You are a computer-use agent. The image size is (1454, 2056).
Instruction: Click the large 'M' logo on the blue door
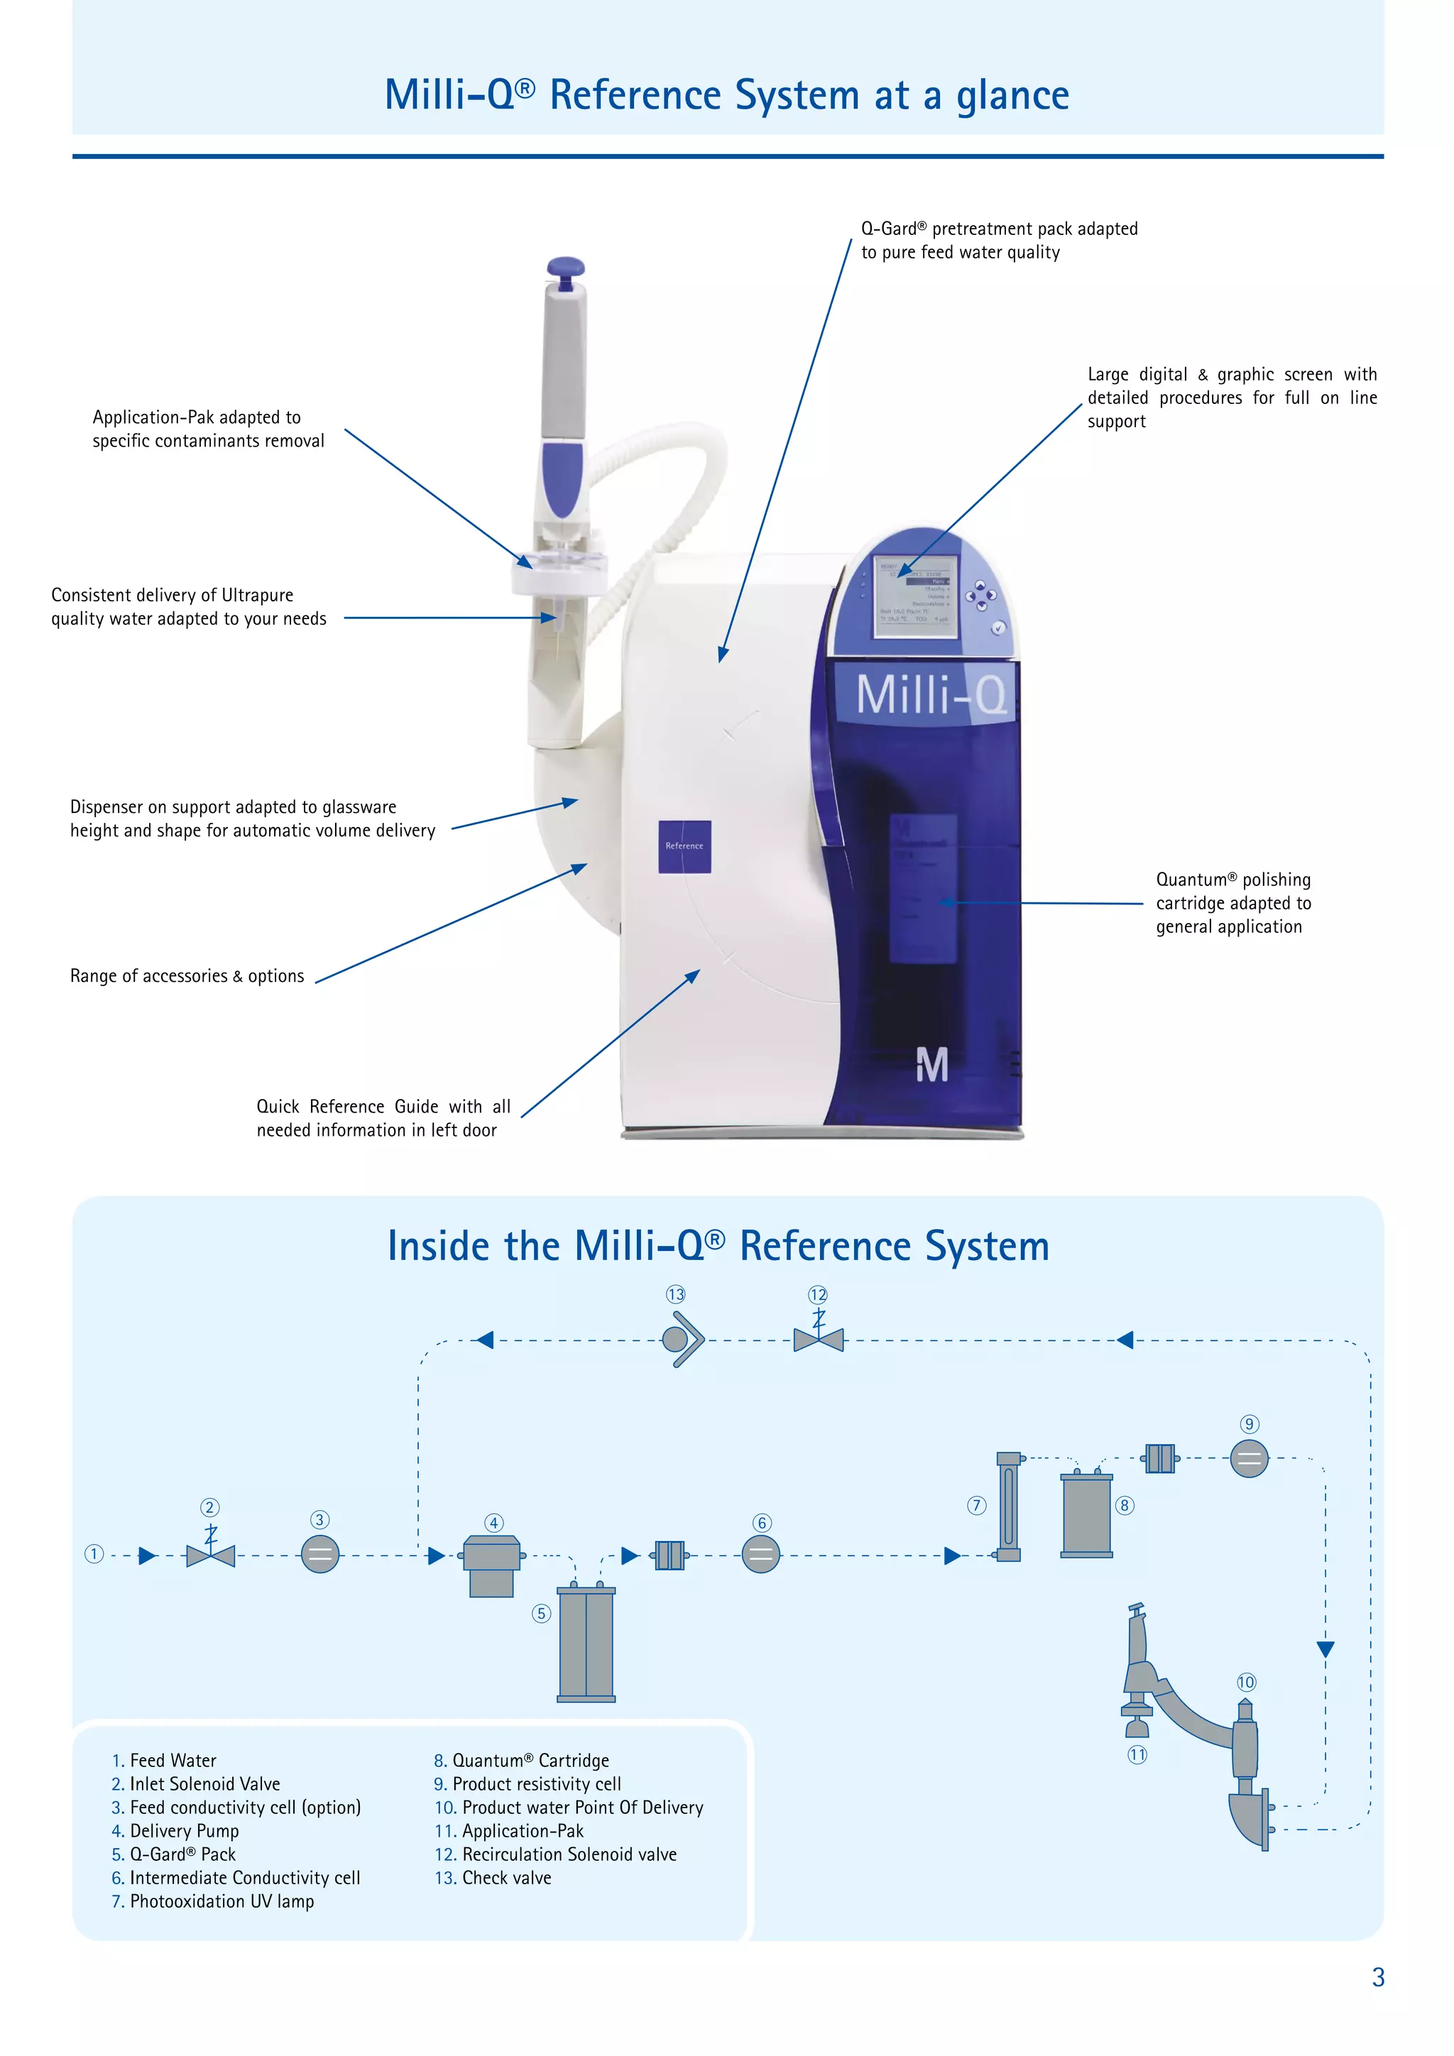point(931,1066)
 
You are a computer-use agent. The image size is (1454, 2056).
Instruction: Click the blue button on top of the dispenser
point(565,268)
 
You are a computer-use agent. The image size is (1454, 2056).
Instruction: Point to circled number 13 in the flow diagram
point(675,1294)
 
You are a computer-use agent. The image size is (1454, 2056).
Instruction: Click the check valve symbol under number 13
point(683,1340)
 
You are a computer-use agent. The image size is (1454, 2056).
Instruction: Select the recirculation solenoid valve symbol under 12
point(819,1340)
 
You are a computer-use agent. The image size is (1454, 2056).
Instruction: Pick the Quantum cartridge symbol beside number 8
point(1086,1515)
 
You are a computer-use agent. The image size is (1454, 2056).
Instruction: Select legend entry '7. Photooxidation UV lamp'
point(213,1901)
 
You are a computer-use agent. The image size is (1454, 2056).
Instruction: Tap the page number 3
point(1378,1977)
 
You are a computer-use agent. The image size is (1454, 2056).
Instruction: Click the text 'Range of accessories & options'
point(187,976)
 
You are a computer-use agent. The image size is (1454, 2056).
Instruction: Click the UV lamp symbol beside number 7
point(1008,1507)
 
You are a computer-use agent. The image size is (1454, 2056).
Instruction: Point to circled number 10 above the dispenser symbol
point(1246,1683)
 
